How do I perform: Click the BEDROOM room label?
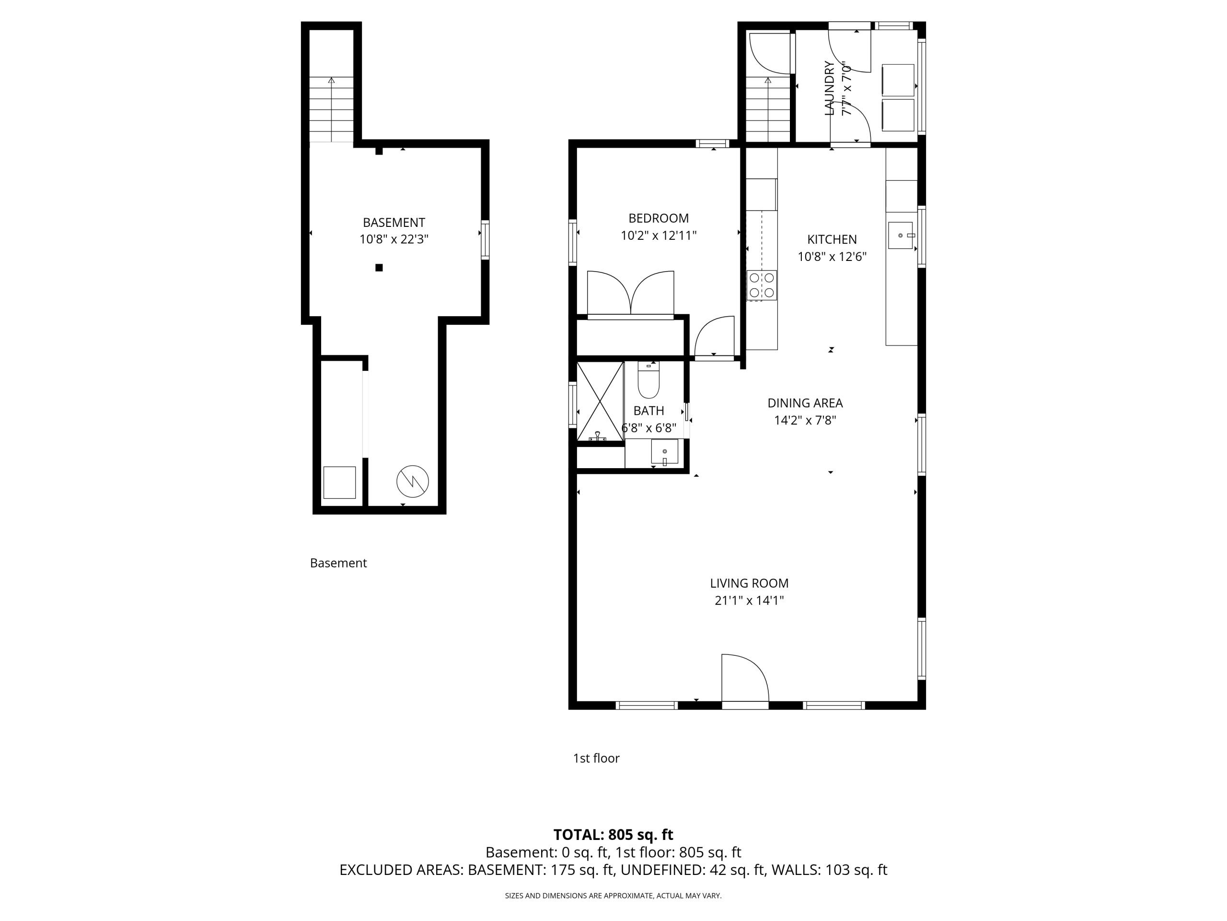coord(659,218)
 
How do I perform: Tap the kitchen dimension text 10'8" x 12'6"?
coord(832,257)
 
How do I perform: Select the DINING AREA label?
coord(805,403)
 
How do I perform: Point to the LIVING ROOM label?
coord(749,583)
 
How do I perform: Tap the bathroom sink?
coord(664,452)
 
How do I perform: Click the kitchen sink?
coord(900,236)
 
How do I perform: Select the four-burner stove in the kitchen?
coord(762,285)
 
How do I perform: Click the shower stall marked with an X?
coord(600,401)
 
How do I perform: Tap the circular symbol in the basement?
coord(413,481)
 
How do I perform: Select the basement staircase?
coord(332,109)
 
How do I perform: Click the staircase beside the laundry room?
coord(768,109)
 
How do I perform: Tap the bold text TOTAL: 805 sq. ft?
coord(613,834)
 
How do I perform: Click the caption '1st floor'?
coord(596,758)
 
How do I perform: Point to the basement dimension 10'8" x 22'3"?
coord(394,239)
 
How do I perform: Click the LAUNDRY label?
coord(830,88)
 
